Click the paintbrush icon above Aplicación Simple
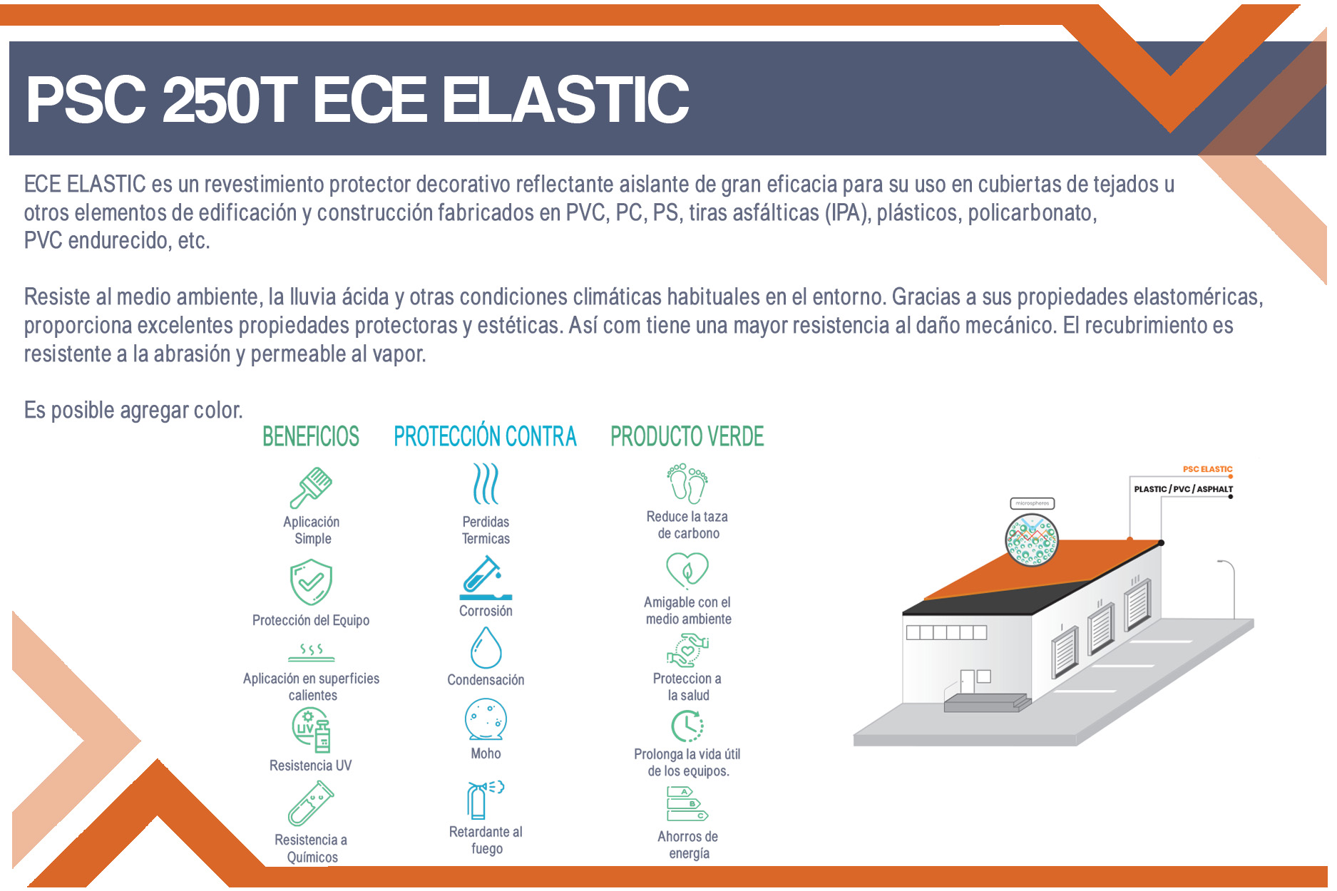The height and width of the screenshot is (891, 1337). click(x=312, y=488)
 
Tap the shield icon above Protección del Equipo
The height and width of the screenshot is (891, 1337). click(x=311, y=582)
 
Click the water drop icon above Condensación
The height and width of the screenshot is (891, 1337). click(x=486, y=647)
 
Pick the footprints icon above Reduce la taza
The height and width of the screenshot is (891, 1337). click(x=687, y=483)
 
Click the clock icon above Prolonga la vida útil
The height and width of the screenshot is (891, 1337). click(x=687, y=726)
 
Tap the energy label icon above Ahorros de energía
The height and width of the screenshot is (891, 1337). click(x=687, y=803)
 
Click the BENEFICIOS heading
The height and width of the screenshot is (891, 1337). click(x=311, y=436)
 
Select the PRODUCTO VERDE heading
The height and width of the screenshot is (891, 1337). click(x=687, y=436)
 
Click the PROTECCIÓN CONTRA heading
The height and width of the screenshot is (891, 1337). click(x=485, y=436)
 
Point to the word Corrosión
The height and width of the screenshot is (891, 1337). click(x=486, y=611)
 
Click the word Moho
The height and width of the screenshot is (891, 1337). click(x=486, y=753)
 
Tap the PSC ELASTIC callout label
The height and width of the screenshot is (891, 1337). click(x=1207, y=469)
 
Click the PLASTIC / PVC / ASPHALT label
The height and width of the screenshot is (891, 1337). click(x=1183, y=489)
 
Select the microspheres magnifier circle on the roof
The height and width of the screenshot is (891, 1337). click(x=1032, y=540)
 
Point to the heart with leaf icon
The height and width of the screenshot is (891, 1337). click(x=687, y=570)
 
